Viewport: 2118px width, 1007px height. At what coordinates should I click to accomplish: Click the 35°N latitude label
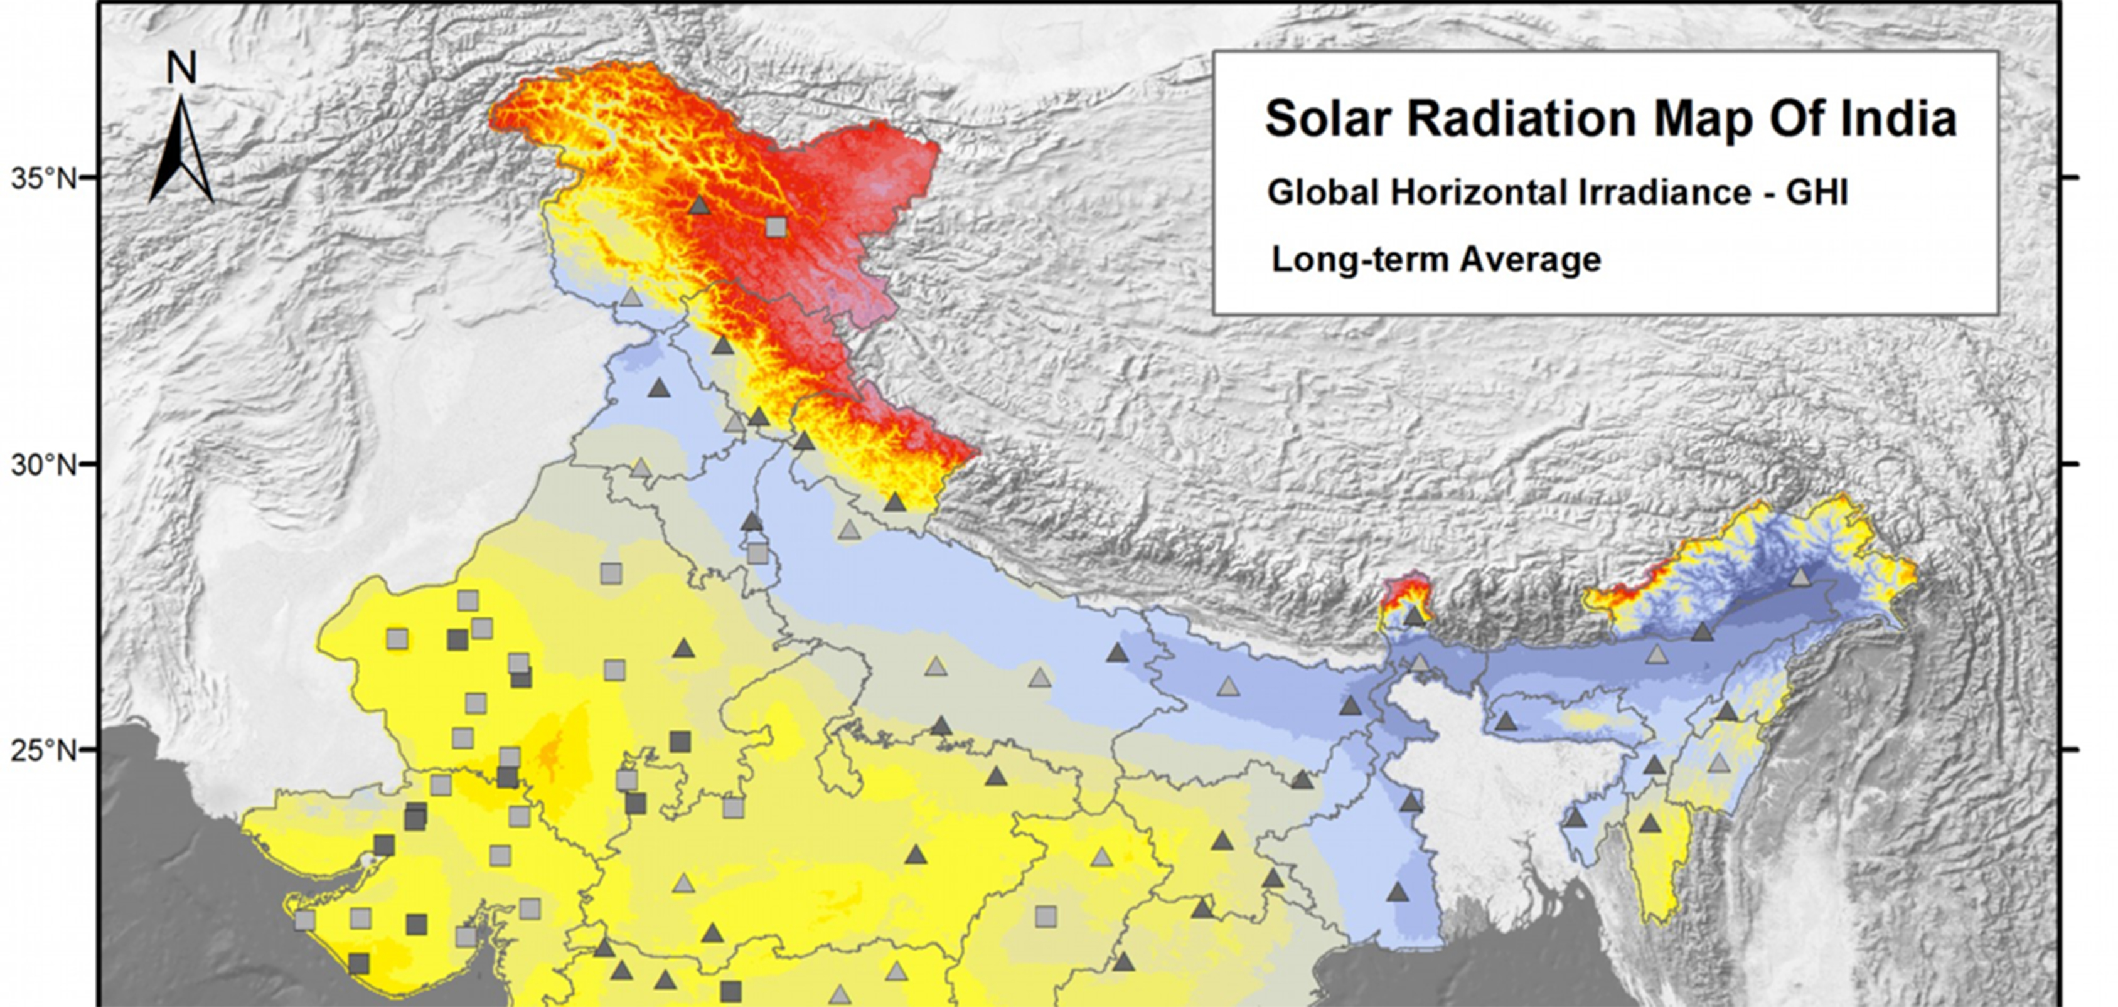tap(43, 178)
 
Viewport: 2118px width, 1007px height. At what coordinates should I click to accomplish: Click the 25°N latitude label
tap(43, 750)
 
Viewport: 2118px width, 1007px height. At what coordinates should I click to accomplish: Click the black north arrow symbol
tap(181, 152)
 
